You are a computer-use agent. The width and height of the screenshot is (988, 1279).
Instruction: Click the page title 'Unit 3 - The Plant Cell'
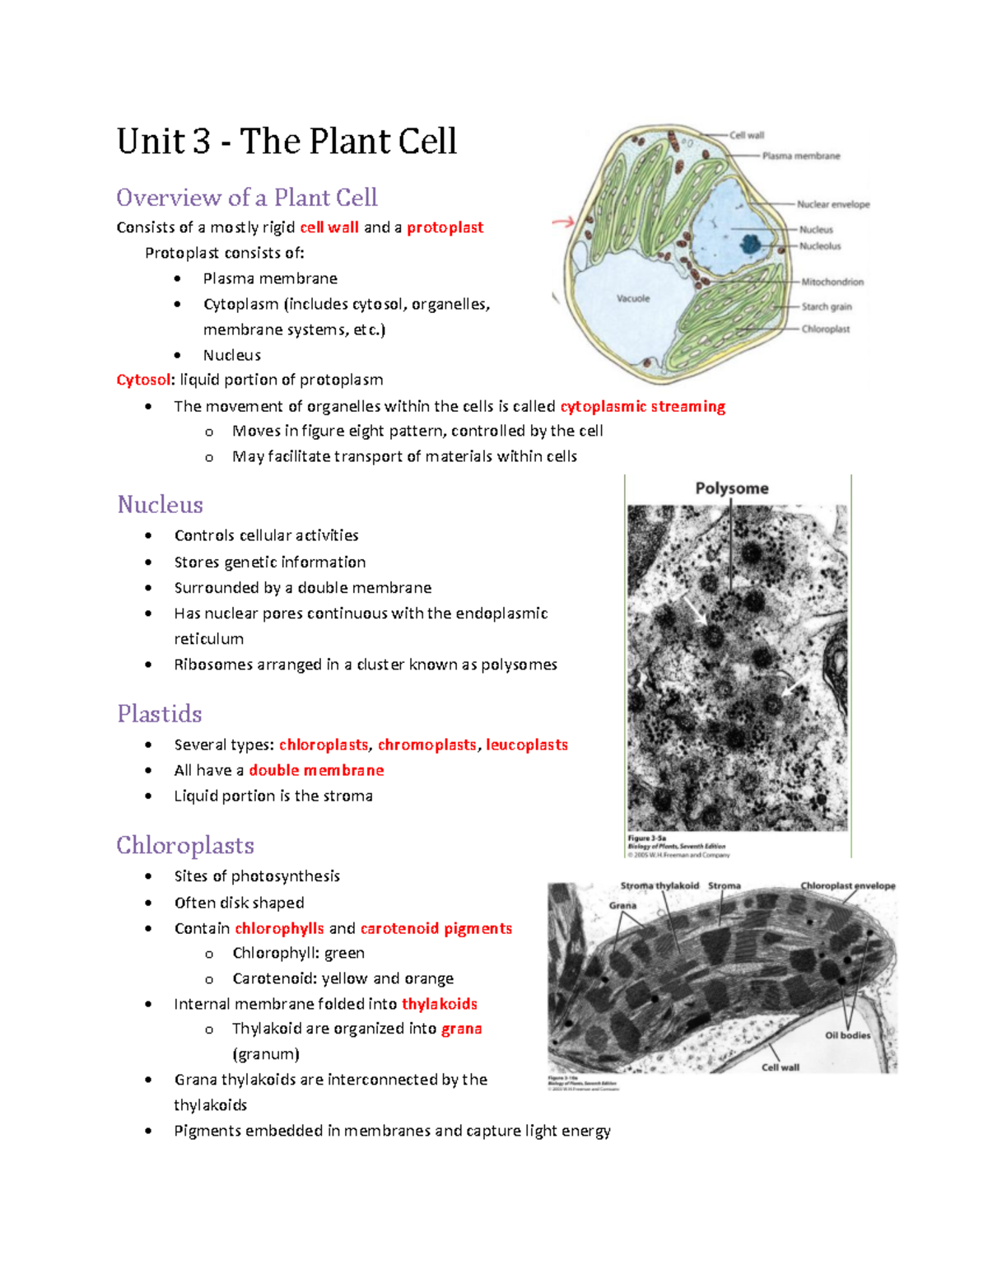click(287, 141)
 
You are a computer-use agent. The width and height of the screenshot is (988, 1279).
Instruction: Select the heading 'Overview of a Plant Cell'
click(246, 198)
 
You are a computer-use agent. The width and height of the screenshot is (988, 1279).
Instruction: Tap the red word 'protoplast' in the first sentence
click(445, 227)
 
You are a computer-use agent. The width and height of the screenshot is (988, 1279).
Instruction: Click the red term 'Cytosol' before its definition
click(144, 380)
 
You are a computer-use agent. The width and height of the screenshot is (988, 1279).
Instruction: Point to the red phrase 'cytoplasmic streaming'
click(642, 406)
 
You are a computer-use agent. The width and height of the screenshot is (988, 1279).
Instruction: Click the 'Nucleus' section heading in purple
click(160, 504)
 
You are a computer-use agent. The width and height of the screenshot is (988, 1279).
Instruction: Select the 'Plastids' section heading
click(159, 713)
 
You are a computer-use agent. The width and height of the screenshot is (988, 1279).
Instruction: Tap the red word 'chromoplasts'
click(426, 745)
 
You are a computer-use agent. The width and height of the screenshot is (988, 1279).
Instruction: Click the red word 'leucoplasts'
click(527, 745)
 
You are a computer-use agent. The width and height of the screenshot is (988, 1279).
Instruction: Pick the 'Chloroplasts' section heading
click(184, 845)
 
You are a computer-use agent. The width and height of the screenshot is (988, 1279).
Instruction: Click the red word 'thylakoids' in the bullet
click(439, 1004)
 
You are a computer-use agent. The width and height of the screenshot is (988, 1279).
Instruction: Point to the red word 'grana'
click(461, 1029)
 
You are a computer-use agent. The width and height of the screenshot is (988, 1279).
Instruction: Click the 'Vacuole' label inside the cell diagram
click(633, 298)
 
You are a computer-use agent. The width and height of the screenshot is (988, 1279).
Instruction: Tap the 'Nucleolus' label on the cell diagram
click(820, 246)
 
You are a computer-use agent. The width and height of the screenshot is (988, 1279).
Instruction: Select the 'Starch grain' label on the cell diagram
click(827, 306)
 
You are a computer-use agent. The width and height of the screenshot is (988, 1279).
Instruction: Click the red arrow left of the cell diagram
click(563, 222)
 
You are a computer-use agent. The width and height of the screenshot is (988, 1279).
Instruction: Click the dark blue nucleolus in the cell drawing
click(751, 244)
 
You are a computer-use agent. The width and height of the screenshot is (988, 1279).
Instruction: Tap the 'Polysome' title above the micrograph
click(732, 488)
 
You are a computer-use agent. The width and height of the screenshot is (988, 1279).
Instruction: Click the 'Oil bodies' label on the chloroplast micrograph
click(847, 1035)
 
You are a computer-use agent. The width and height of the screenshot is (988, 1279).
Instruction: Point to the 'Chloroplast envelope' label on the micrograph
click(847, 886)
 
